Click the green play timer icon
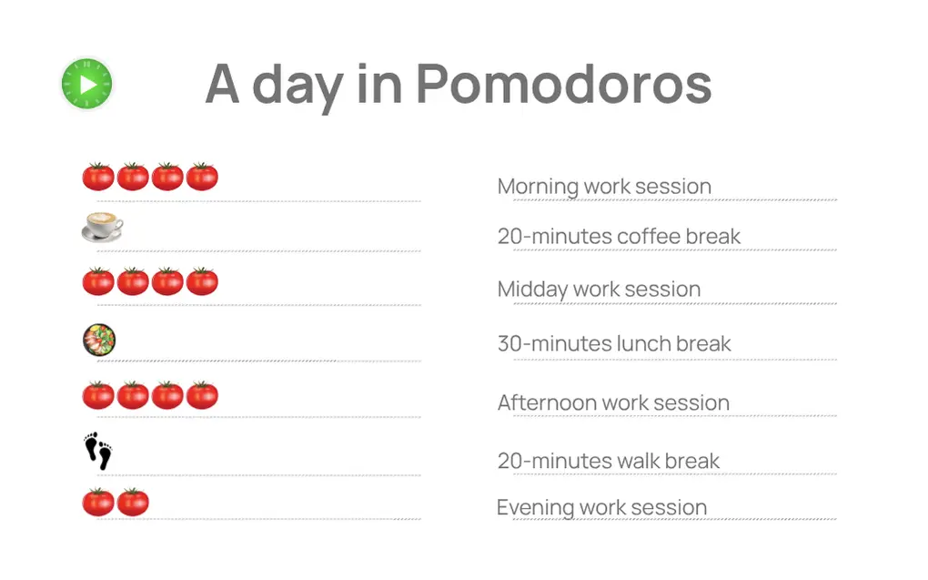87,84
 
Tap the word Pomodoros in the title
563,84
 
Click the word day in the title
298,86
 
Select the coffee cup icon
103,227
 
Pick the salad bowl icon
99,340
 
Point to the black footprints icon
98,451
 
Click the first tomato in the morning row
98,176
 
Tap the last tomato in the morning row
202,176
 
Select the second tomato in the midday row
133,280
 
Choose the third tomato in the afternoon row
167,395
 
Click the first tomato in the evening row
98,502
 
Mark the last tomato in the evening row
133,502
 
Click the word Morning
538,188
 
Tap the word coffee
650,237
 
